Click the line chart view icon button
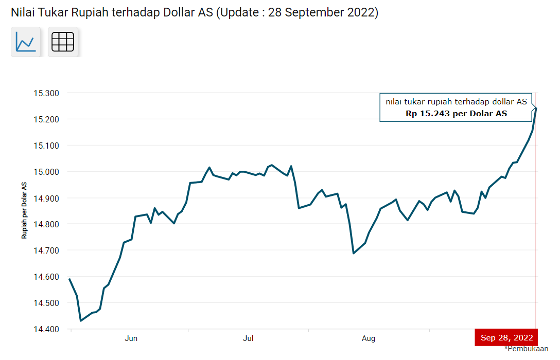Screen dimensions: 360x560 (x=25, y=42)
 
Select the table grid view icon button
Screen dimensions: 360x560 (x=63, y=42)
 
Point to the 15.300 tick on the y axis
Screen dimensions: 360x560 (x=46, y=93)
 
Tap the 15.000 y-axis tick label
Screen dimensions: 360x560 (x=46, y=172)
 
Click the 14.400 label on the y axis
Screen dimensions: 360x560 (x=46, y=329)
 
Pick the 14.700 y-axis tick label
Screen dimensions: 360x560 (x=46, y=250)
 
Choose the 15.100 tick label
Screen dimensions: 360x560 (x=46, y=146)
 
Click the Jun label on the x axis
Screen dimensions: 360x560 (x=131, y=338)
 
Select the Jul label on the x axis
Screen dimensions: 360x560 (x=248, y=338)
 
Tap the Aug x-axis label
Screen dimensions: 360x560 (x=368, y=338)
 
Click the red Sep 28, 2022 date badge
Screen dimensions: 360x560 (x=506, y=338)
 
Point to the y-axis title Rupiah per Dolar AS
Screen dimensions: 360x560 (x=24, y=210)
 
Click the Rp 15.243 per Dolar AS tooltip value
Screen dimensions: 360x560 (x=456, y=114)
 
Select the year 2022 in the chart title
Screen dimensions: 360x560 (x=361, y=12)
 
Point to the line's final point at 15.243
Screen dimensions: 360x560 (x=536, y=107)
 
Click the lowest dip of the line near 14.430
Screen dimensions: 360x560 (x=81, y=321)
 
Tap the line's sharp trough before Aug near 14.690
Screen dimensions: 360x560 (x=354, y=253)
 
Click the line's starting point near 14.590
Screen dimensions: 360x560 (x=69, y=279)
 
